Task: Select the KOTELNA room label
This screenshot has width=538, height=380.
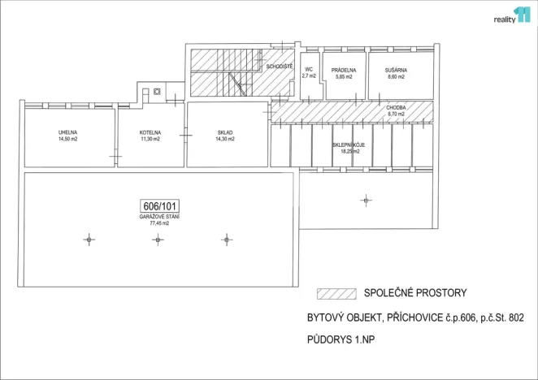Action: [x=150, y=132]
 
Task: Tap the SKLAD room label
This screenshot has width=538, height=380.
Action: [x=225, y=132]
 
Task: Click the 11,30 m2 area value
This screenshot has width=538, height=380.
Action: [x=150, y=139]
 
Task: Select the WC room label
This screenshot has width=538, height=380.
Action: [x=309, y=69]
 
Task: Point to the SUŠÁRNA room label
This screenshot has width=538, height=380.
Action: [x=396, y=70]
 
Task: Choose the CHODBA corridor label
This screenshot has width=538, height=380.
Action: [x=397, y=107]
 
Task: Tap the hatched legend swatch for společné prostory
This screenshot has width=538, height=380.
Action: [x=332, y=293]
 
